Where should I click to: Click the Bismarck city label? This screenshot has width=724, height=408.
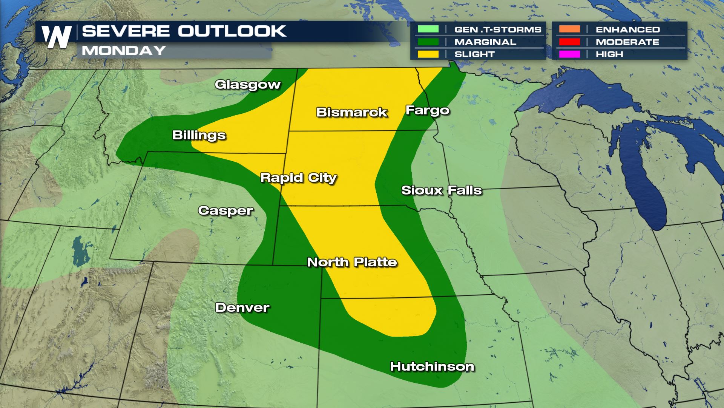point(351,112)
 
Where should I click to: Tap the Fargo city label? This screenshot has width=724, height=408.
point(427,110)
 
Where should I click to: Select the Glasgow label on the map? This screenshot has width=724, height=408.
point(247,84)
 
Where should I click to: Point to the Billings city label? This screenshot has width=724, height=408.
point(199,135)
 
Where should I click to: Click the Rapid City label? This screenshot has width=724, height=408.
point(298,178)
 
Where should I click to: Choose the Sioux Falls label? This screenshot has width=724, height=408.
point(441,190)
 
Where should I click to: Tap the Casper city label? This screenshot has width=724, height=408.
point(225,210)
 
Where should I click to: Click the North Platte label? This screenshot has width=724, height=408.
point(352,262)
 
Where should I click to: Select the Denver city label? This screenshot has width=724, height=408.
point(242,307)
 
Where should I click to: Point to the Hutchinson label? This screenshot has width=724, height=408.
point(432,366)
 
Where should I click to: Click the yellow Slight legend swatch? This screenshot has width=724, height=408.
point(428,54)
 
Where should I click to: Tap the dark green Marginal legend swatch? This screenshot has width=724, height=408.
point(428,42)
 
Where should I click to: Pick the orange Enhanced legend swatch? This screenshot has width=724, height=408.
point(569,29)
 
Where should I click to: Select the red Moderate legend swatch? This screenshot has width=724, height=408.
point(569,42)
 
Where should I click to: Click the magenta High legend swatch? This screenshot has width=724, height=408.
point(569,54)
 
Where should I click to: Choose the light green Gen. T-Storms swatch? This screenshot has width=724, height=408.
point(428,29)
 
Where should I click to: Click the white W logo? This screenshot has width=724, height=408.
point(57,37)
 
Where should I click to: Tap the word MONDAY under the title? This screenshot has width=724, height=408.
point(124,50)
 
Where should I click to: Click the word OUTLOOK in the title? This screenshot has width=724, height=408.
point(232,31)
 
